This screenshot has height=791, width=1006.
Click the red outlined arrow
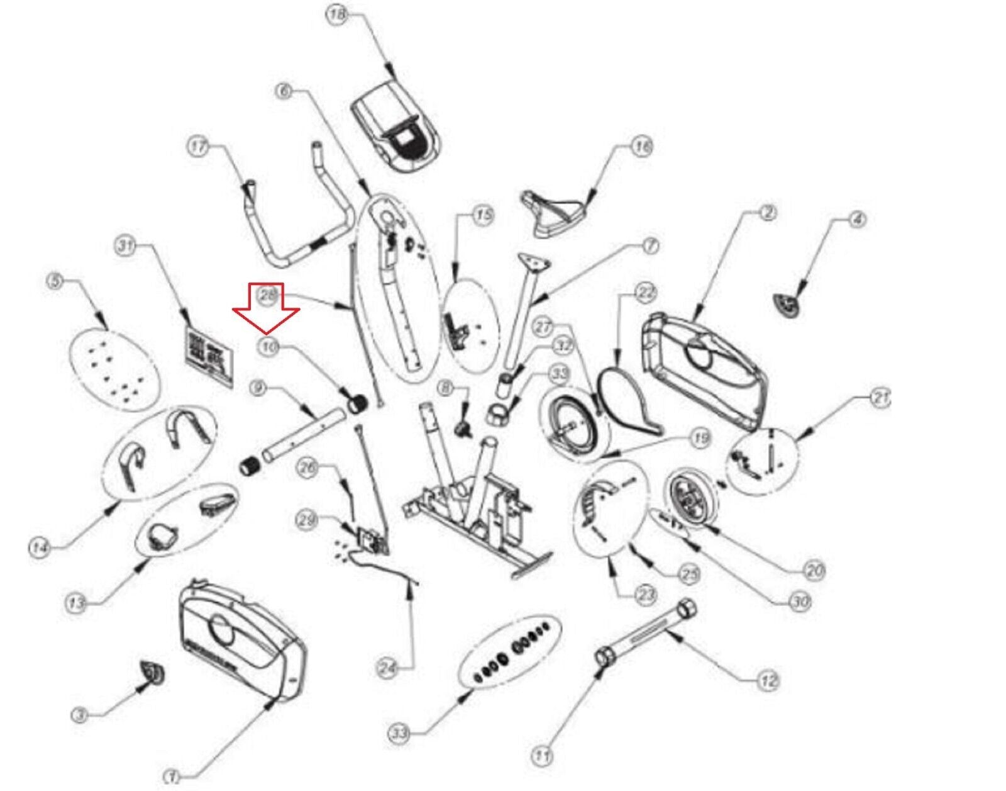click(x=266, y=308)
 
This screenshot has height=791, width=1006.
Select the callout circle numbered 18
click(x=338, y=14)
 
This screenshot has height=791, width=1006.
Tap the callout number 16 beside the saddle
click(x=641, y=147)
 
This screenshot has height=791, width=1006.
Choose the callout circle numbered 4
click(x=857, y=220)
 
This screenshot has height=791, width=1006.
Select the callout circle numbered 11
click(x=542, y=755)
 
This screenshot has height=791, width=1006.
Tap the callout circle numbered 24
click(x=387, y=668)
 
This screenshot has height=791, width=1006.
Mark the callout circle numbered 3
click(x=79, y=715)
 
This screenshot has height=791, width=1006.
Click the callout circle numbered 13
click(x=75, y=603)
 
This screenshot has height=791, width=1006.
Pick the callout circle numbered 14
click(x=39, y=547)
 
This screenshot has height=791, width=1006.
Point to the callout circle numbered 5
click(x=57, y=281)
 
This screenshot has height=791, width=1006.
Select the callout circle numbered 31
click(x=126, y=246)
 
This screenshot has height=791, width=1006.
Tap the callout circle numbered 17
click(x=199, y=147)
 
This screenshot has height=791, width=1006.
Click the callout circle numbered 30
click(x=799, y=602)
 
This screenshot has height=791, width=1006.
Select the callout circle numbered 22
click(x=646, y=293)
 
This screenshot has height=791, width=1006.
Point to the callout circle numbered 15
click(x=483, y=216)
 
